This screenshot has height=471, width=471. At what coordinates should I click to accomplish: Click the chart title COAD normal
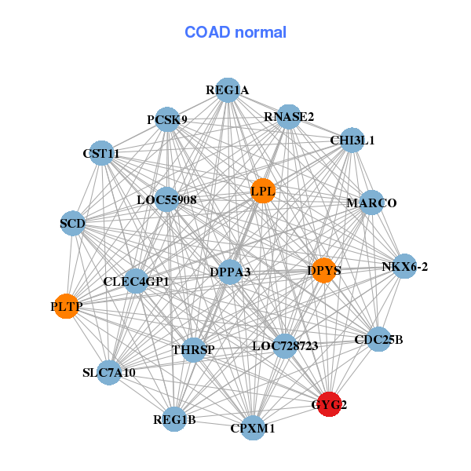pyautogui.click(x=235, y=33)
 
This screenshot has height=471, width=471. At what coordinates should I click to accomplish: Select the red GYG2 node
pyautogui.click(x=329, y=404)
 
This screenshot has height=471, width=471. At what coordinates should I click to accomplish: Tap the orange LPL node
pyautogui.click(x=262, y=191)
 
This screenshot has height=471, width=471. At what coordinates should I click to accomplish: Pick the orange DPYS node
pyautogui.click(x=324, y=271)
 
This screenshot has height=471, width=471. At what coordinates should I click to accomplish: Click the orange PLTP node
pyautogui.click(x=67, y=305)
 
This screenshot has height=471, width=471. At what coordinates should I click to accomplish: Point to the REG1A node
pyautogui.click(x=227, y=90)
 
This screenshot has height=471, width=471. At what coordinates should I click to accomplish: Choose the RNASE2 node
pyautogui.click(x=289, y=116)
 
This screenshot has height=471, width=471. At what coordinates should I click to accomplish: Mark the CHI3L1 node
pyautogui.click(x=352, y=141)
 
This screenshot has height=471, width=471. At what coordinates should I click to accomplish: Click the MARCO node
pyautogui.click(x=371, y=203)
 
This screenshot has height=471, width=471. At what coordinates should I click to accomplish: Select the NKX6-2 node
pyautogui.click(x=404, y=267)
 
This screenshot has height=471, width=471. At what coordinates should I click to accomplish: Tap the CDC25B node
pyautogui.click(x=378, y=340)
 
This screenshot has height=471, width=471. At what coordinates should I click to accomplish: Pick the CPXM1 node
pyautogui.click(x=253, y=428)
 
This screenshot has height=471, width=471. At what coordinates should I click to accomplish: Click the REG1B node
pyautogui.click(x=174, y=420)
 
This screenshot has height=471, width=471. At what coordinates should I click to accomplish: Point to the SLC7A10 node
pyautogui.click(x=109, y=371)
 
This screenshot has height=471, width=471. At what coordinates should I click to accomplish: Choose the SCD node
pyautogui.click(x=72, y=224)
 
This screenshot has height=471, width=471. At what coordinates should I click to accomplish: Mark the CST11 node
pyautogui.click(x=101, y=153)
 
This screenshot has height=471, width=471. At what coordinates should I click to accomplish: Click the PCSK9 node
pyautogui.click(x=166, y=119)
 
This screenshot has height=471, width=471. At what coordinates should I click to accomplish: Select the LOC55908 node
pyautogui.click(x=166, y=199)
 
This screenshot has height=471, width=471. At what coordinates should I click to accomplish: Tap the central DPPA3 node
pyautogui.click(x=230, y=272)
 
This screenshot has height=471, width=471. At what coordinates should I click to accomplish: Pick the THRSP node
pyautogui.click(x=193, y=349)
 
